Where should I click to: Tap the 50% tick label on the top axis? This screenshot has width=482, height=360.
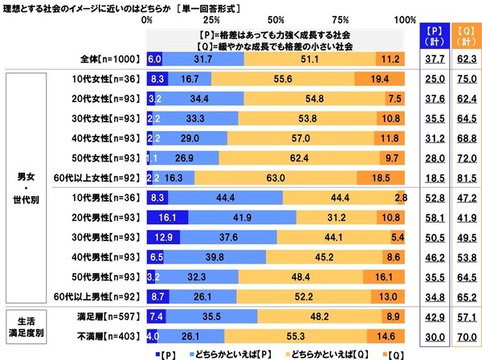pyautogui.click(x=276, y=19)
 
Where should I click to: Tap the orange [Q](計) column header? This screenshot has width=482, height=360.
pyautogui.click(x=462, y=38)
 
